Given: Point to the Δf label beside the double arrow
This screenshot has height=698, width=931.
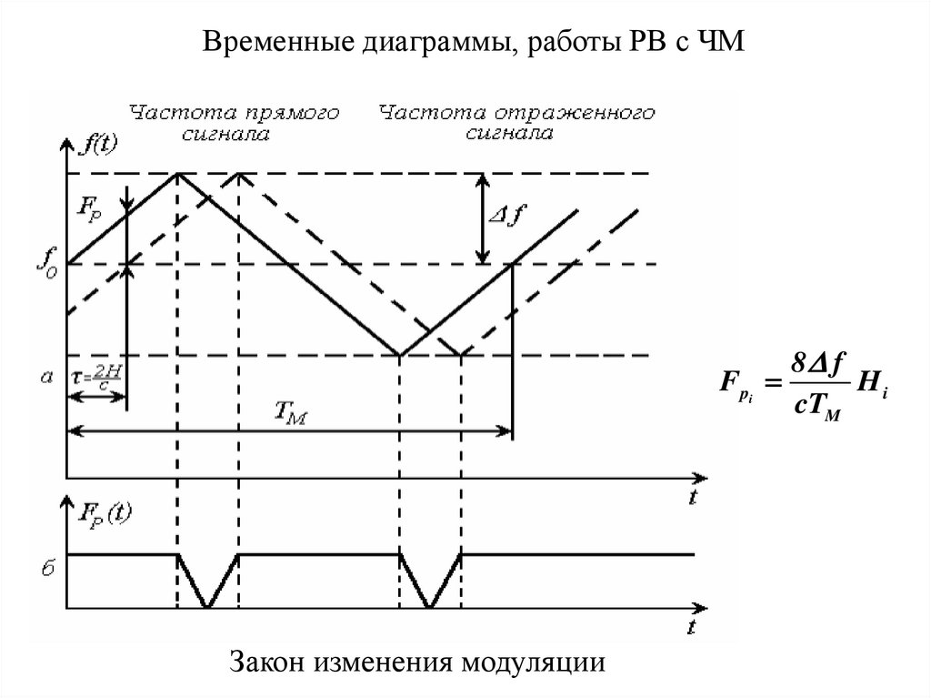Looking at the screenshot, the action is [510, 217].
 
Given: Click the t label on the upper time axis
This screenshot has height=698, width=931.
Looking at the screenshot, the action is [692, 497].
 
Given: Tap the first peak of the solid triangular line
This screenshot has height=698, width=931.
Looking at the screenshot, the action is [176, 173].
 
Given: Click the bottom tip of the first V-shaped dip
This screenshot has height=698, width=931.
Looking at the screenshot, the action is [208, 606].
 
